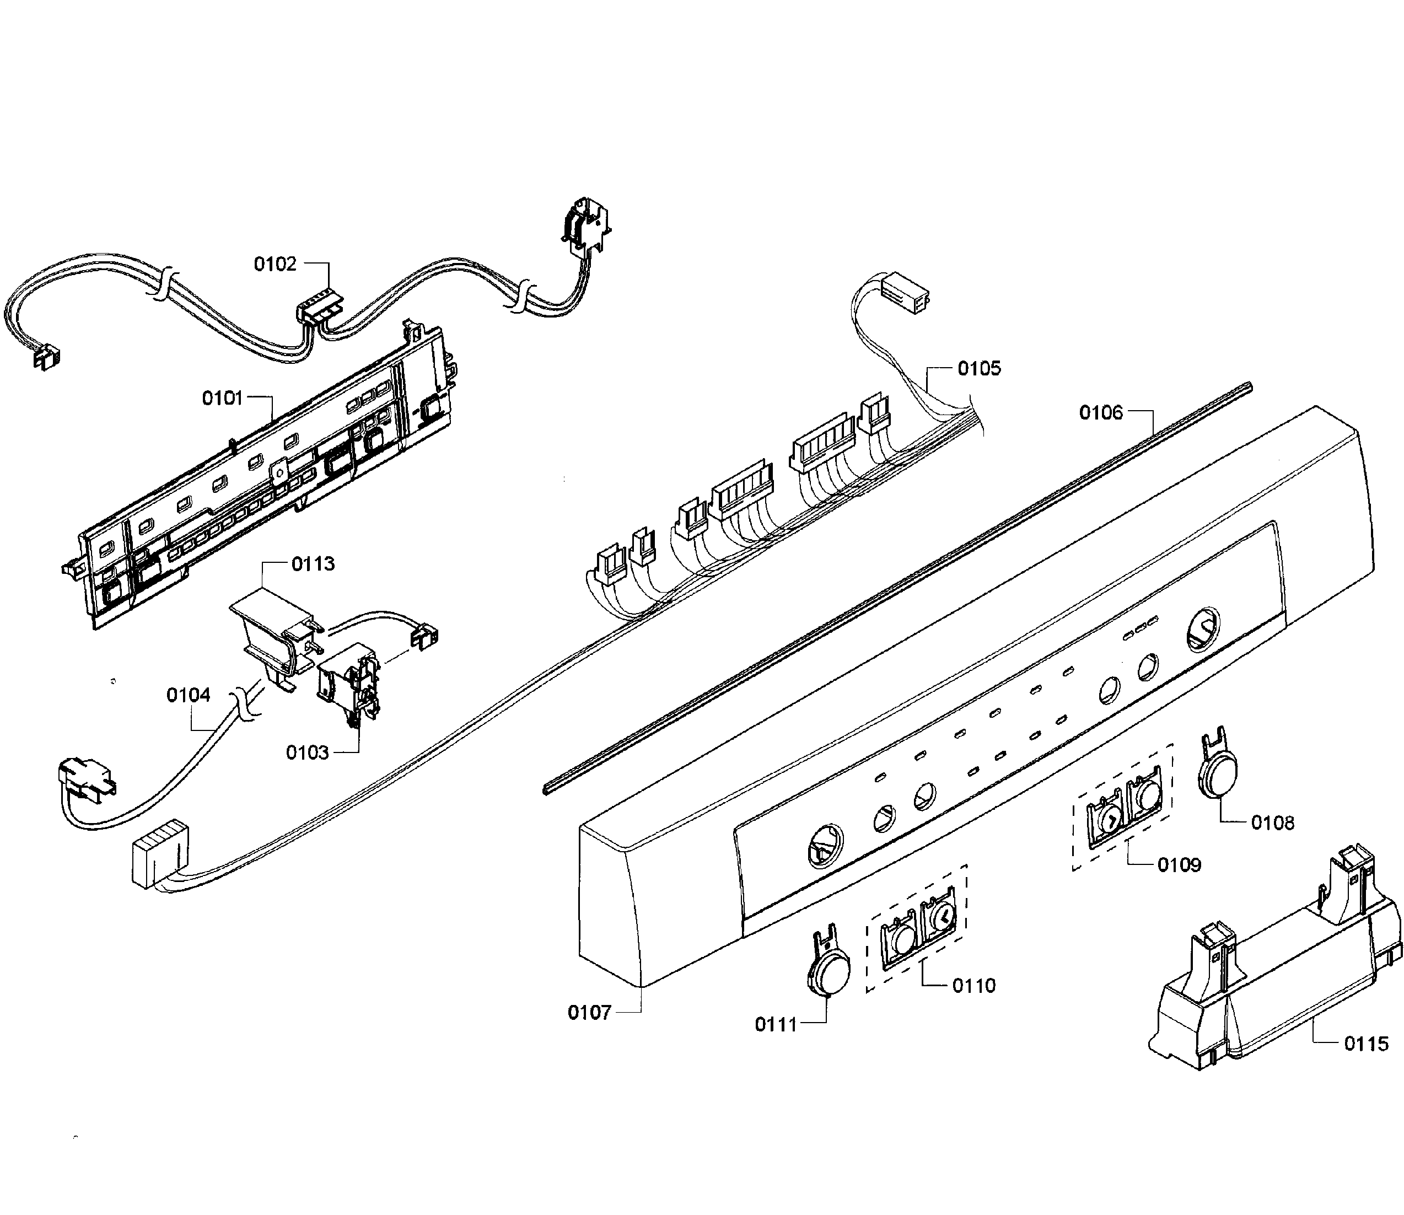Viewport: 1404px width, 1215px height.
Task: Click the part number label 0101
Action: (222, 398)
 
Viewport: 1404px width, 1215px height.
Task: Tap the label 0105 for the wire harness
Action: (979, 368)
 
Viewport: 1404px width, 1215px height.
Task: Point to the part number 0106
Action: (1101, 412)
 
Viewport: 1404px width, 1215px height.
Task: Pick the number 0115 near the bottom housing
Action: (1366, 1044)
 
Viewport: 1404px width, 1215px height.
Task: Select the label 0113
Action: (313, 563)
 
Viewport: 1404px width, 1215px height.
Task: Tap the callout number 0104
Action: (189, 695)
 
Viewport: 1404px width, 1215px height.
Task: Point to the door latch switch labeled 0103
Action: (348, 685)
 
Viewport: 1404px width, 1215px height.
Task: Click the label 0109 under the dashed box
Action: (1180, 864)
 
